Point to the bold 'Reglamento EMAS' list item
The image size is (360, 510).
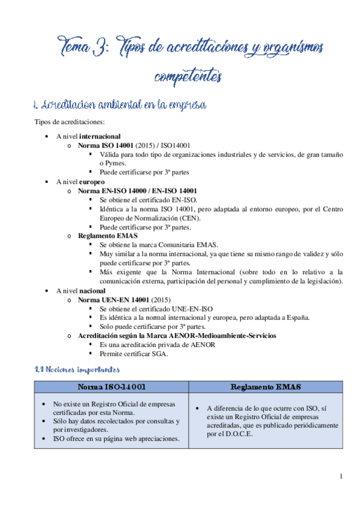pos(103,236)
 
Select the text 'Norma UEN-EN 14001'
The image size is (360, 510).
pos(114,299)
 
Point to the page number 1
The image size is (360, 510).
pos(341,477)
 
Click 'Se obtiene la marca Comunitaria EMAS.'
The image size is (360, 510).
pos(159,245)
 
